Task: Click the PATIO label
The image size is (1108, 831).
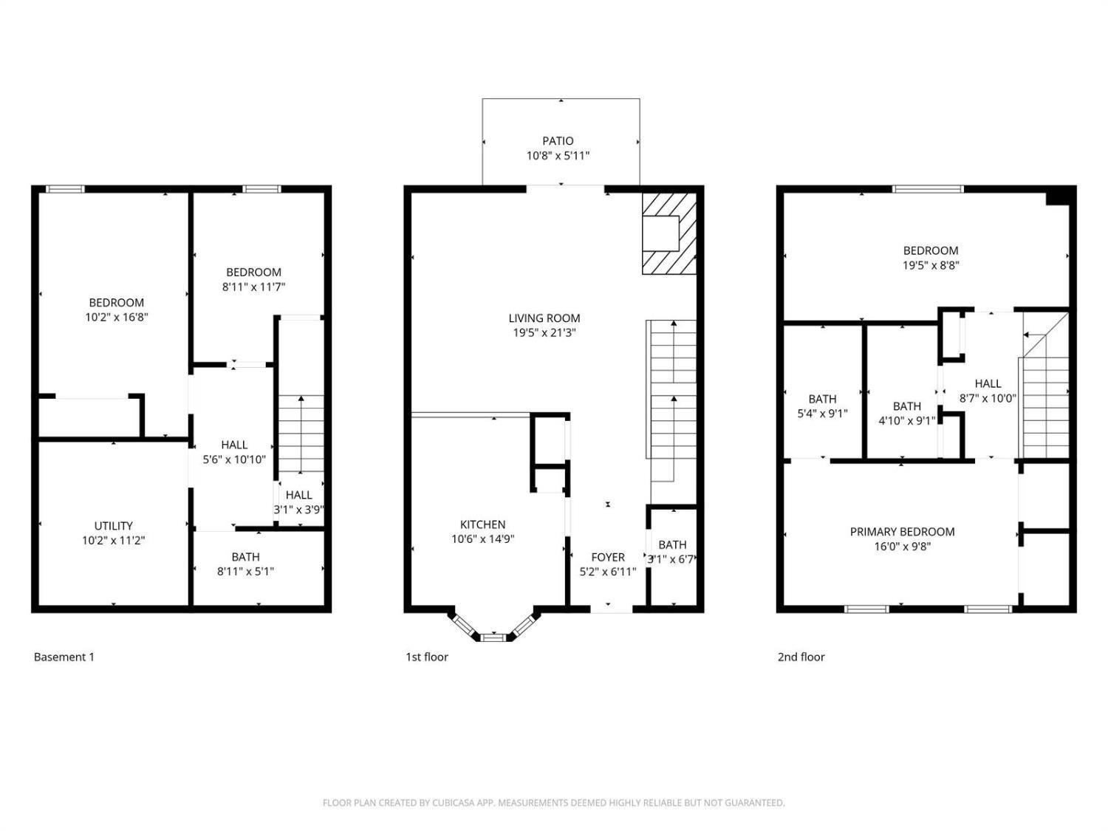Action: click(x=558, y=141)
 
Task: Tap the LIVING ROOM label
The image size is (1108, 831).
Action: click(x=544, y=318)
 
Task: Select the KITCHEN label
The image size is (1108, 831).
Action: click(x=482, y=524)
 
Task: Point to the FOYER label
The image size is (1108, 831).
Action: click(x=608, y=557)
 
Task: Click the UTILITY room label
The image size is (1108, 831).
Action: click(x=114, y=526)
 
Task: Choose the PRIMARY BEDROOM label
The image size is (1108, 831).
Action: click(x=902, y=532)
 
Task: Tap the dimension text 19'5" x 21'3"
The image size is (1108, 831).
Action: click(x=544, y=333)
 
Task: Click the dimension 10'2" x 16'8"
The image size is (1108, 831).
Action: click(x=117, y=318)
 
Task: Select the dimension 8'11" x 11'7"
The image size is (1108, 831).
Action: click(x=254, y=287)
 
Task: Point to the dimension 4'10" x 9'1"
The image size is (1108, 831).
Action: click(x=906, y=421)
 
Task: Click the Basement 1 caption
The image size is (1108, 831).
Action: click(x=64, y=657)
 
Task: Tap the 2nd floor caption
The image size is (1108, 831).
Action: click(x=801, y=657)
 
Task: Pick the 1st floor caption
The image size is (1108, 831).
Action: click(x=427, y=657)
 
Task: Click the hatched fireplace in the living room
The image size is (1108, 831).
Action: click(x=668, y=233)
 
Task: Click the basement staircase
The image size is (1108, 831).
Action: click(x=301, y=434)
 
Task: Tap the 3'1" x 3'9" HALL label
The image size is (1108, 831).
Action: click(x=299, y=502)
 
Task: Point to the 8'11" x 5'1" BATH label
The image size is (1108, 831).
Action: click(x=246, y=564)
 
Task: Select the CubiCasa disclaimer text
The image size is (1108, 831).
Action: click(x=554, y=803)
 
